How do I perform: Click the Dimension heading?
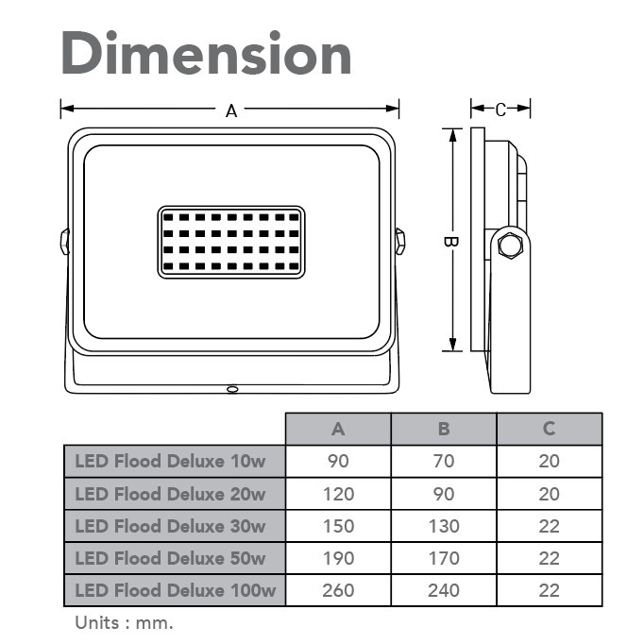(x=206, y=53)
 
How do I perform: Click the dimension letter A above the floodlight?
(x=231, y=110)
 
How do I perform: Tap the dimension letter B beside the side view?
(x=450, y=242)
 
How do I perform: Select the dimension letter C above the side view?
(x=500, y=110)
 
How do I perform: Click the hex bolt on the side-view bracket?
(x=510, y=246)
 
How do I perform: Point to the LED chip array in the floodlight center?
(x=231, y=243)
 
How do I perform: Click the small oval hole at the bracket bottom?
(x=232, y=388)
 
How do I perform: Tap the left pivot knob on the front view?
(x=65, y=242)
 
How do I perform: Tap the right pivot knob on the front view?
(x=399, y=242)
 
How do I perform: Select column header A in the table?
(x=338, y=429)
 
